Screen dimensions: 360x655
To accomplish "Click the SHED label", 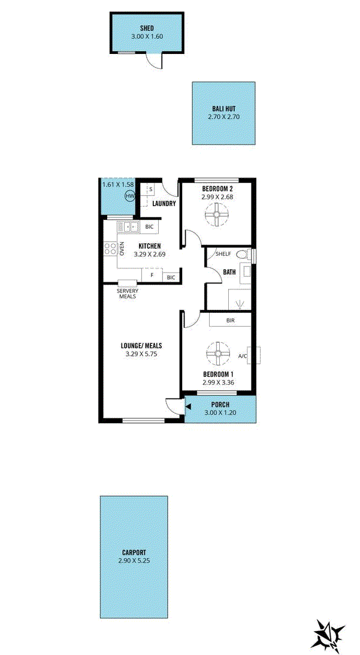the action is [147, 28].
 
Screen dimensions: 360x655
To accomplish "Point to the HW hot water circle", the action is [129, 195].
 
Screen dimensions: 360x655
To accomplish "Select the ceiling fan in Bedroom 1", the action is [217, 354].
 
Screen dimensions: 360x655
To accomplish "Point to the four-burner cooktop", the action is [110, 249].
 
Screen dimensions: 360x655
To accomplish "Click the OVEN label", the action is [122, 249].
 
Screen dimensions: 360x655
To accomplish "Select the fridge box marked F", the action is [152, 276].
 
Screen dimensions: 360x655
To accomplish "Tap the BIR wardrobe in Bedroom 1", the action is [229, 320].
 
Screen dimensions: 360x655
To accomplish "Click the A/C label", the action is [242, 357].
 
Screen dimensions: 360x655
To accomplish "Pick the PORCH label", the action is [220, 405].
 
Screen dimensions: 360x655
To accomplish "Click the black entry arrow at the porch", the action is [188, 406].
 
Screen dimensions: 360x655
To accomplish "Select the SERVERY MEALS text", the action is [128, 294].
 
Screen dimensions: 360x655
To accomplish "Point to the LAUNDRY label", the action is [164, 204].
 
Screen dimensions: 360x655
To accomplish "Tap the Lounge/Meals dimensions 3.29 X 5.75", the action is [141, 354].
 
